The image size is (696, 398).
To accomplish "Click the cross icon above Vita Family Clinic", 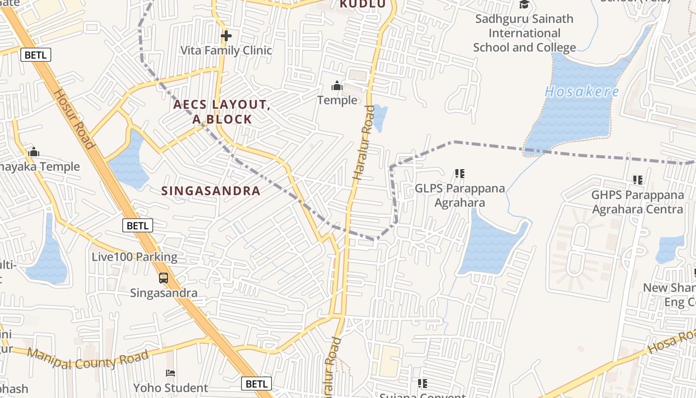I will point(226,36).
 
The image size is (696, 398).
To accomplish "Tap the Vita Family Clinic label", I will point(226,50).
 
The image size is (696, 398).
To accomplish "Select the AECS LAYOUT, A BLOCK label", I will point(222,112).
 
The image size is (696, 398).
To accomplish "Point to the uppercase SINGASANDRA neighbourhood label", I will point(211,191).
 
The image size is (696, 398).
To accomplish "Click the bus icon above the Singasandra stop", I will point(164,278).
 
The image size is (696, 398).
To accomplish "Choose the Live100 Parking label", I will point(134,257).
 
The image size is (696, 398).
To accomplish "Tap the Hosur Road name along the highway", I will point(74,119).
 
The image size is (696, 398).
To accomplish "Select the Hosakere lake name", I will point(582,92).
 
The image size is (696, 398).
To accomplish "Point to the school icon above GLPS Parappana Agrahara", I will point(460,174).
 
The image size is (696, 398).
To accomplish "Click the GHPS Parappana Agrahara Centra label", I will point(637,202).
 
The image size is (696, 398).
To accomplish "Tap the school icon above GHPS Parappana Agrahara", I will point(638,180).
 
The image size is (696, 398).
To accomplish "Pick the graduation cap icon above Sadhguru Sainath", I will point(524,4).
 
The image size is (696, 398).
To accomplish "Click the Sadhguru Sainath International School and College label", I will point(524,33).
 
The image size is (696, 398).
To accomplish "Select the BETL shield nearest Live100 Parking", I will point(138,225).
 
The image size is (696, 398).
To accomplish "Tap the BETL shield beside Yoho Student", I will point(257,384).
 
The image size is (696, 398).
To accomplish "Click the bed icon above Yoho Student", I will point(171,373).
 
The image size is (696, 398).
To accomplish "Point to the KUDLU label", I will point(362,4).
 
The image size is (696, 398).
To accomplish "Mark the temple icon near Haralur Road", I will point(337,86).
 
